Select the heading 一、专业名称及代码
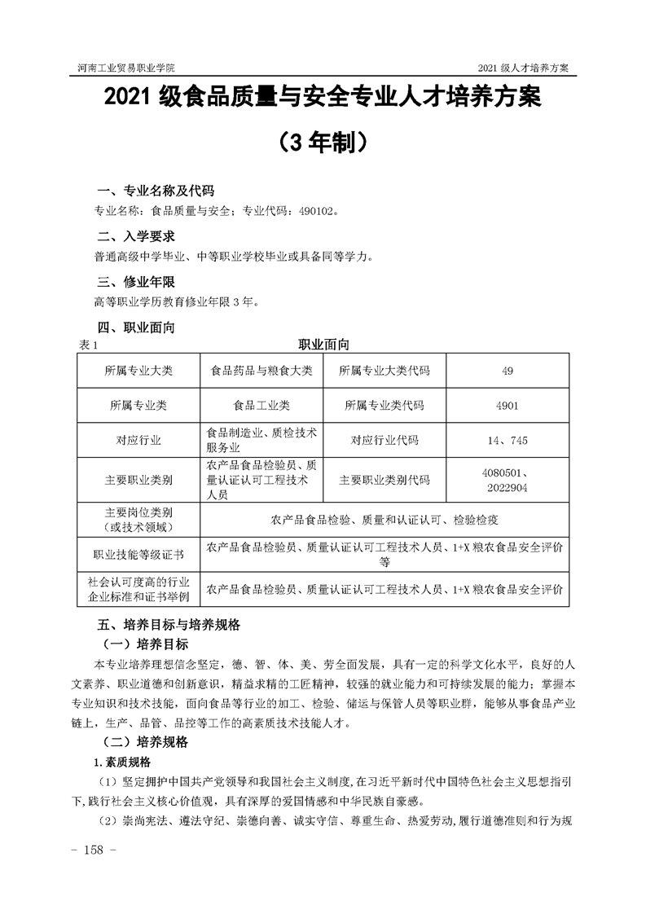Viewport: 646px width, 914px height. [x=155, y=191]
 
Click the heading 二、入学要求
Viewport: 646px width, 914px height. [x=135, y=237]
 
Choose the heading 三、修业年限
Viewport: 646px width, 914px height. [x=135, y=283]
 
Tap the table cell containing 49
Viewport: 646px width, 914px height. [x=508, y=371]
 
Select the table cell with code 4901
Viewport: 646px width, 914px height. [x=508, y=405]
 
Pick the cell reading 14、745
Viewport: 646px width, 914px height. [x=508, y=440]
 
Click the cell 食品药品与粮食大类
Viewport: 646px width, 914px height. [x=261, y=371]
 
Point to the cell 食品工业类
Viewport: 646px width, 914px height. [x=261, y=405]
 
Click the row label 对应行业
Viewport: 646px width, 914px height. [x=138, y=440]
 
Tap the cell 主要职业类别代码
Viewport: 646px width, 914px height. [x=385, y=480]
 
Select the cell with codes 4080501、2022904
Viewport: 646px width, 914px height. [x=508, y=480]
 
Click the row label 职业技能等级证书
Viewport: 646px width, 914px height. [x=138, y=555]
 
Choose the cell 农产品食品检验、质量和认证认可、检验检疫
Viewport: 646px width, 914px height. [x=384, y=518]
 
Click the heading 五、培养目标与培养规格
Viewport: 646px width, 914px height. [x=168, y=626]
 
